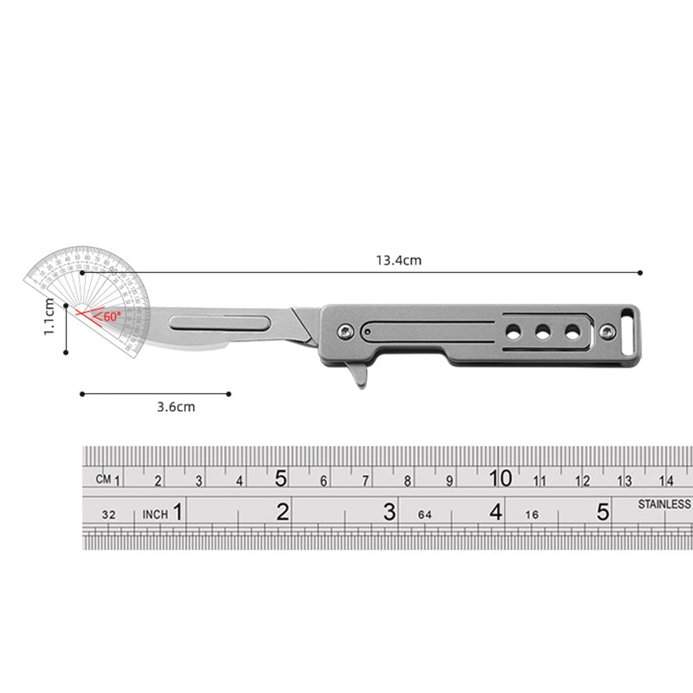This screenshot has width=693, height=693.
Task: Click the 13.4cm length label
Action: tap(398, 261)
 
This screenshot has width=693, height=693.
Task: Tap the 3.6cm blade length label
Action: tap(175, 407)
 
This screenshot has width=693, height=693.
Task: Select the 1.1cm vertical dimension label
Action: tap(49, 317)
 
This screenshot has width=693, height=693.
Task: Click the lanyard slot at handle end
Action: tap(629, 322)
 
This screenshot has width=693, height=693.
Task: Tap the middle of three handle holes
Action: tap(543, 333)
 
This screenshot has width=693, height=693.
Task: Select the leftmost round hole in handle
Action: tap(513, 333)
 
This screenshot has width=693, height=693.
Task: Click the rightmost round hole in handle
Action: tap(572, 333)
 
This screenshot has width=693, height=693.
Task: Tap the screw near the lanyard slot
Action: tap(608, 332)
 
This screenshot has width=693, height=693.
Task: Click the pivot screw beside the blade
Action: tap(342, 332)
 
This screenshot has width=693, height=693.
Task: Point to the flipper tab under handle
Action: tap(358, 378)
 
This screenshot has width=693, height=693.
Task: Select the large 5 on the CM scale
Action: tap(281, 478)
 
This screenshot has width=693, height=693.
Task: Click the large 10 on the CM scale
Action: tap(500, 478)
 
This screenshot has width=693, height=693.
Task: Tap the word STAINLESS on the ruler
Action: tap(664, 505)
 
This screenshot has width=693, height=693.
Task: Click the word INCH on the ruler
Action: tap(155, 514)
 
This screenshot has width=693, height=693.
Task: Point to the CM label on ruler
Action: tap(104, 479)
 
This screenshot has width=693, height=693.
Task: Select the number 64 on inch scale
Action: tap(425, 515)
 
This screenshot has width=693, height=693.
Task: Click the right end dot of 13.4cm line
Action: tap(640, 273)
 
